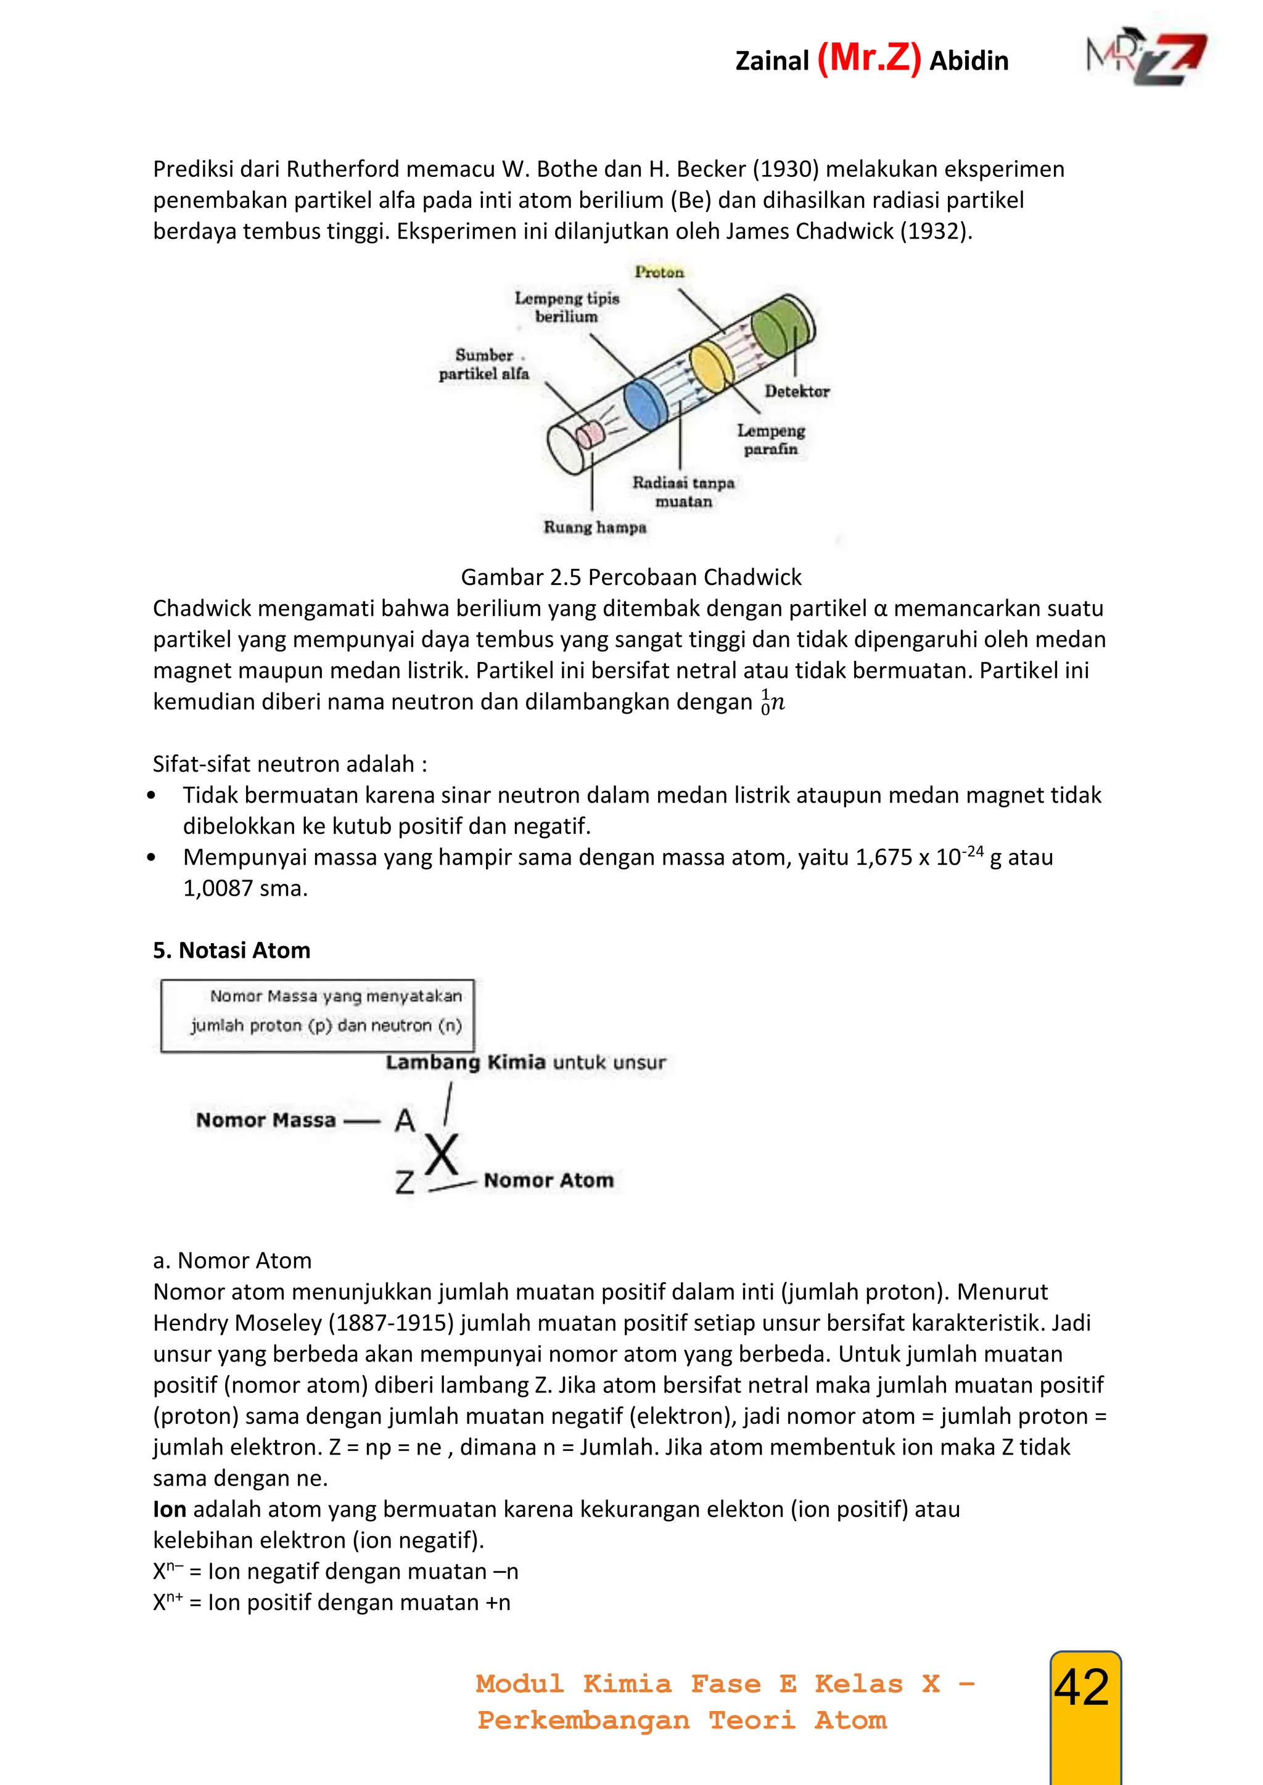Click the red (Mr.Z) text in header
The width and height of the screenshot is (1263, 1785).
(869, 59)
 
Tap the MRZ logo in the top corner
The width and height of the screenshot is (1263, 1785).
(1146, 60)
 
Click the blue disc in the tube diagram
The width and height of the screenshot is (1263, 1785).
(646, 404)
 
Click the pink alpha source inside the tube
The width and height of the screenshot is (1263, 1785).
(590, 433)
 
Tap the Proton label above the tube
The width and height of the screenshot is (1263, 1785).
(659, 272)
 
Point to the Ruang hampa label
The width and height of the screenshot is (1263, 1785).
(595, 527)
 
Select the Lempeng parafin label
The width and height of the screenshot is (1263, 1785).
(771, 439)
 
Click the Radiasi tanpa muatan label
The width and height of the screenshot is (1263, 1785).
(683, 491)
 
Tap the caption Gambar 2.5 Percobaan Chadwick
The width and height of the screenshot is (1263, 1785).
(631, 577)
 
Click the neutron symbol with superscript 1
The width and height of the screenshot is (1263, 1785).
(773, 701)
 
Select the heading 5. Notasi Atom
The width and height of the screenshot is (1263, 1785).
(232, 950)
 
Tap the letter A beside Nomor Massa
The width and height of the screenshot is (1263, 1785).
(405, 1121)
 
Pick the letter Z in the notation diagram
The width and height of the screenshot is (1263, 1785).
(405, 1182)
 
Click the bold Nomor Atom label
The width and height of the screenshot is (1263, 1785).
(548, 1180)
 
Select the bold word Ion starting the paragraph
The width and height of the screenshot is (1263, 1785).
(170, 1509)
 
